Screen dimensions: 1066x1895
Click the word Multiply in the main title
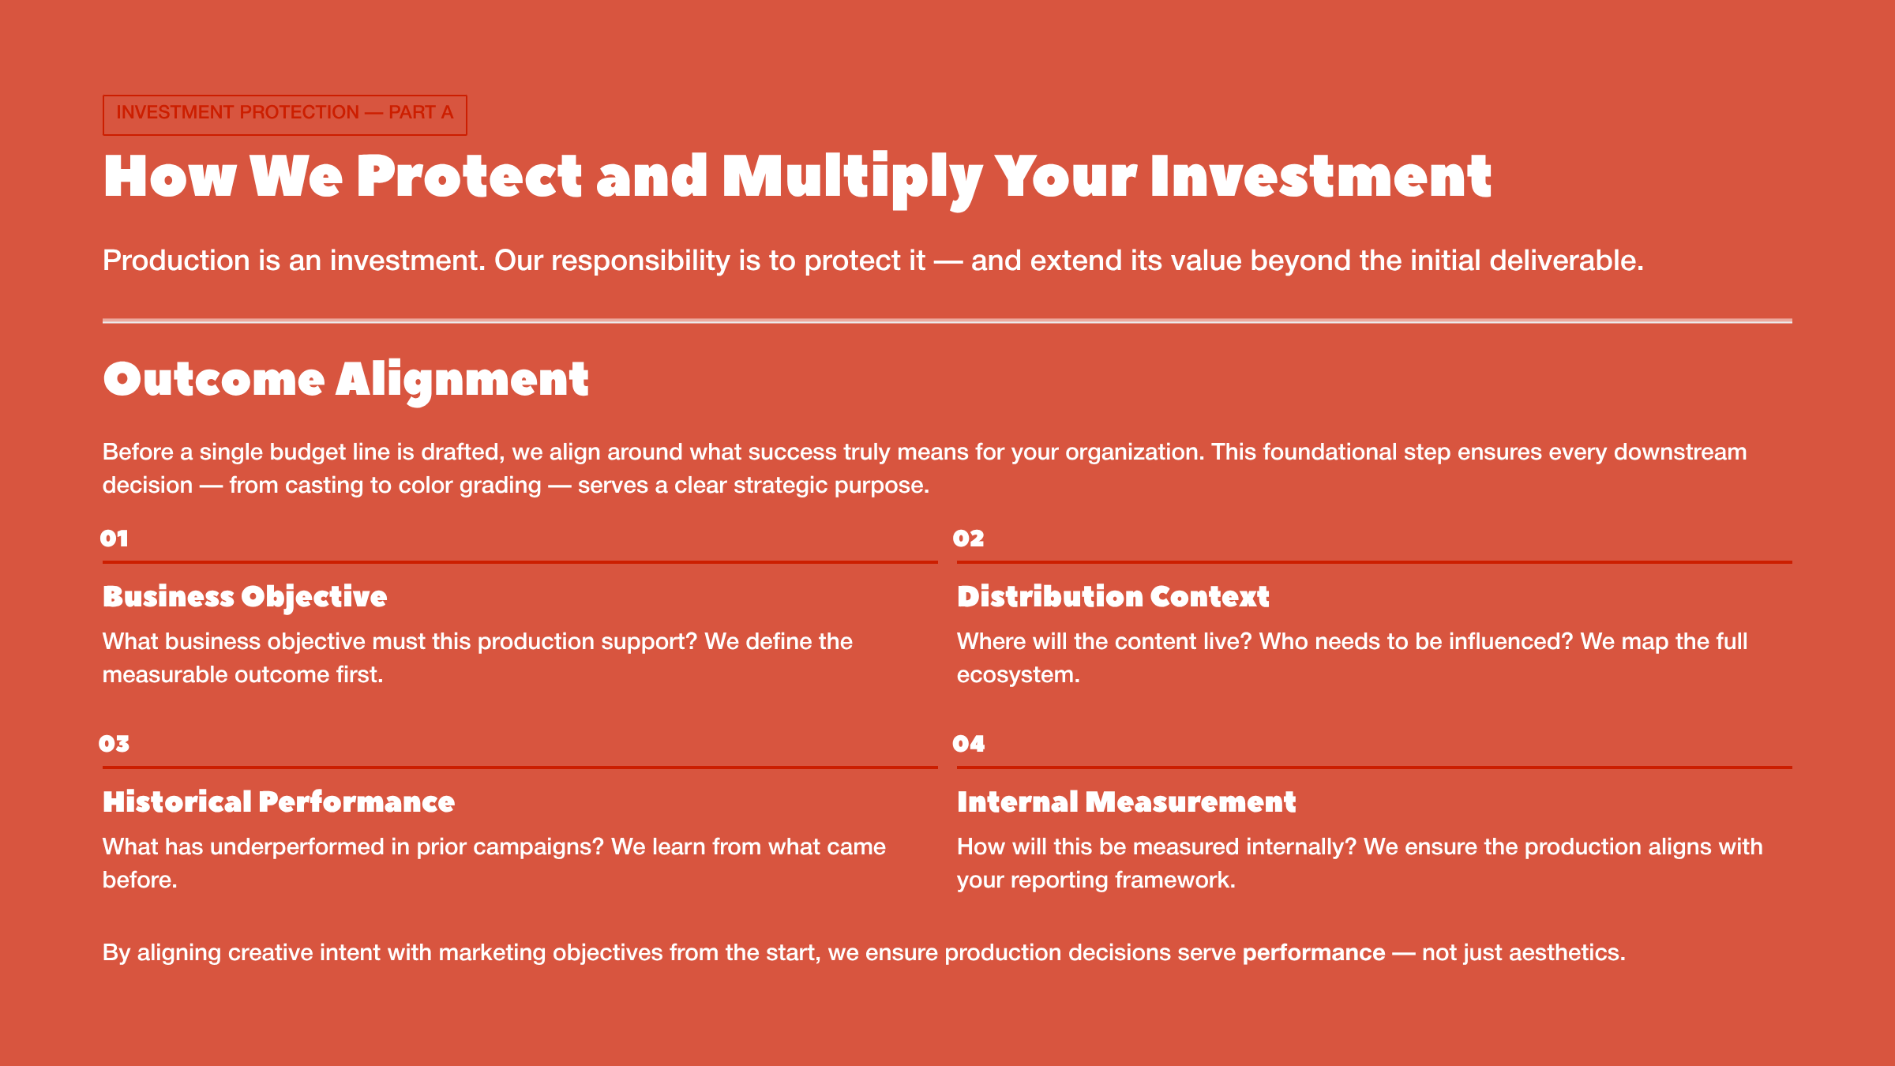[851, 177]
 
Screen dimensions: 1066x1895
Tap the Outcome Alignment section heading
[345, 380]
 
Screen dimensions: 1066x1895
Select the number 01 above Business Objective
[114, 539]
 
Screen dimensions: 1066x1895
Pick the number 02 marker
[968, 539]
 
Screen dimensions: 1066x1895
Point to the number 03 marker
[114, 744]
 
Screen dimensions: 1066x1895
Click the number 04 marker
[968, 744]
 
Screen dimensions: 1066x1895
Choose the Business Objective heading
[245, 597]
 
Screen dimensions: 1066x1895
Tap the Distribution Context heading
[1113, 597]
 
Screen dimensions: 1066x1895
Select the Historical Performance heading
[279, 802]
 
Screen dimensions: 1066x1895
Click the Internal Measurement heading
[1126, 802]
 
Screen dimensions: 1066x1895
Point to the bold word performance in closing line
[1313, 953]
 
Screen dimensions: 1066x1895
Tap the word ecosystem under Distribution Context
[1015, 675]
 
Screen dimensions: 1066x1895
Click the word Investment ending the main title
[1320, 177]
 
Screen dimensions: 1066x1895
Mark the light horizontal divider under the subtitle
[947, 321]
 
